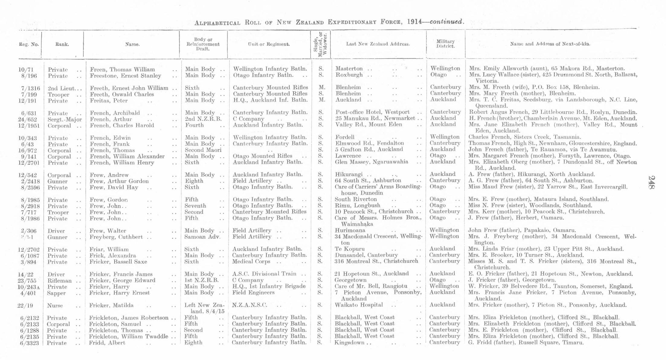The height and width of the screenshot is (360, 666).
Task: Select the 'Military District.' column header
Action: coord(446,44)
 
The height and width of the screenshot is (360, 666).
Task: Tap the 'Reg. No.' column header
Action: coord(29,44)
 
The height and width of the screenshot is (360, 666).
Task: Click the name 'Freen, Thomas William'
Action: coord(122,69)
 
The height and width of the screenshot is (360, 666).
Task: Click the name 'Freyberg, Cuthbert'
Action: coord(116,237)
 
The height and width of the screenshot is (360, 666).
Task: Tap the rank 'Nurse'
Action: coord(55,306)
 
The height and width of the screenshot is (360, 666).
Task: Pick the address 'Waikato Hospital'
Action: coord(359,305)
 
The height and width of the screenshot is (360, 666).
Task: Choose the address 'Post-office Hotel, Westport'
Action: coord(372,112)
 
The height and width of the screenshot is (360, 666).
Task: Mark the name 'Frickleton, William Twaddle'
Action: coord(128,336)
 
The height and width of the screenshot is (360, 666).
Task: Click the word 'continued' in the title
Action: coord(446,22)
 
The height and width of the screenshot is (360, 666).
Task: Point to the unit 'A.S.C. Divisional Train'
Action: coord(264,274)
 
